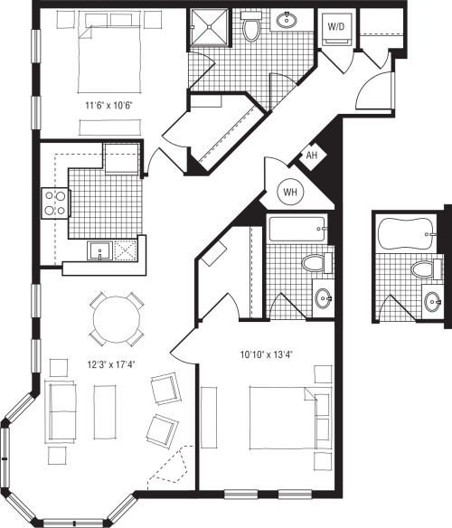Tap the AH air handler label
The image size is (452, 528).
click(x=312, y=155)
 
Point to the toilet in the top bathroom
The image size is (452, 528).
click(x=252, y=28)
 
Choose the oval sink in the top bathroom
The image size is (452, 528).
click(x=287, y=22)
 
